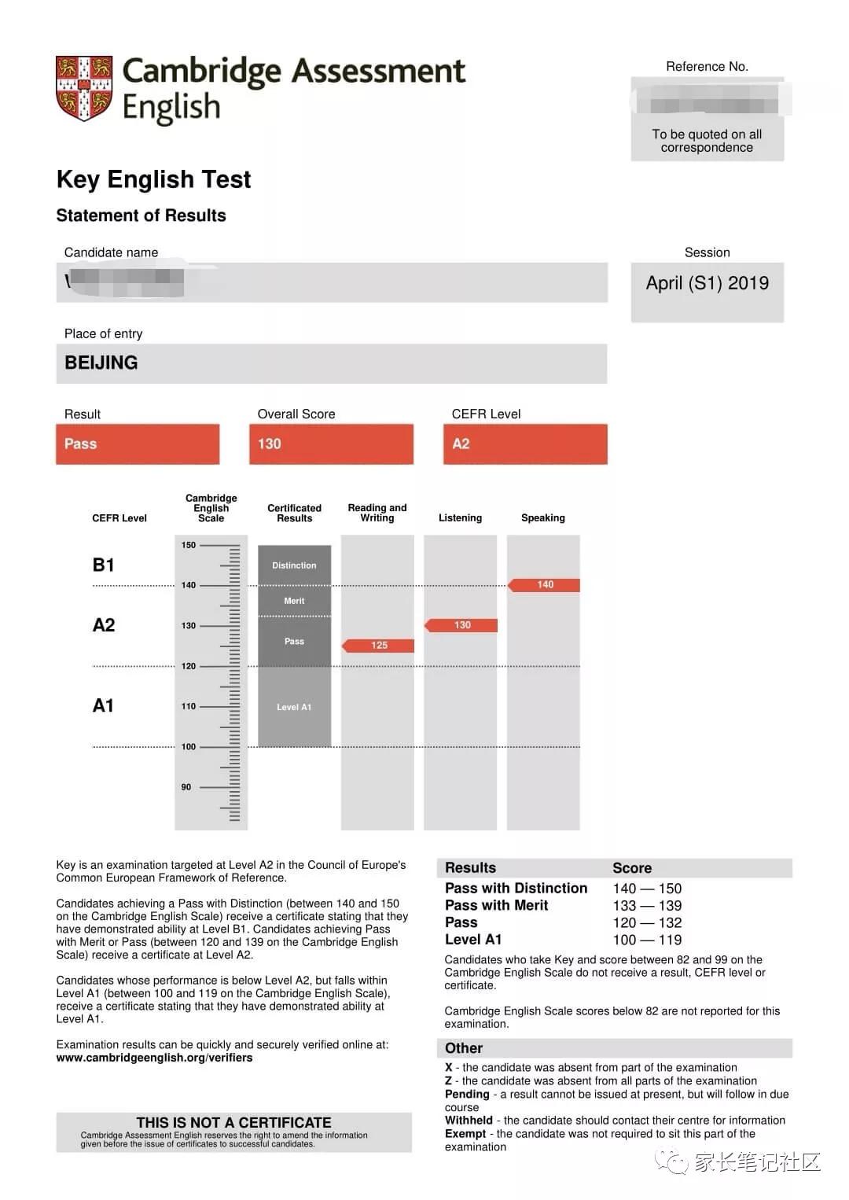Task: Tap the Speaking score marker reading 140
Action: click(x=545, y=585)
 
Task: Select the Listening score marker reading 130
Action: click(x=461, y=625)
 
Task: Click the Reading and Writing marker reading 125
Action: click(x=379, y=646)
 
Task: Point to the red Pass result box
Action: click(x=138, y=444)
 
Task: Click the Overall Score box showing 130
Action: click(x=331, y=444)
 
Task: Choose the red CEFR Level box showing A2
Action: click(x=525, y=444)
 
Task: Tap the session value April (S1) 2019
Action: click(x=707, y=284)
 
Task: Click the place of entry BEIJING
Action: click(x=101, y=363)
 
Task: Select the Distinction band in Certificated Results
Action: click(x=294, y=565)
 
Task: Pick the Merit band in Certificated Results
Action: click(x=294, y=601)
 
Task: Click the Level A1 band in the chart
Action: click(x=294, y=707)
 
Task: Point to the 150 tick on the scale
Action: click(x=189, y=545)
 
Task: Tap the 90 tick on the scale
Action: click(x=186, y=787)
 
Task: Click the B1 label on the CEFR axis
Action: click(x=104, y=565)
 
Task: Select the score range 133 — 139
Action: click(x=647, y=906)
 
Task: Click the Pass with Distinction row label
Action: click(x=516, y=889)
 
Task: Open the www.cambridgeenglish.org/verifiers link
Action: click(x=154, y=1058)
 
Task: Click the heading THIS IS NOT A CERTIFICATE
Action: click(x=233, y=1123)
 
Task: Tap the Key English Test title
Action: click(x=153, y=180)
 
